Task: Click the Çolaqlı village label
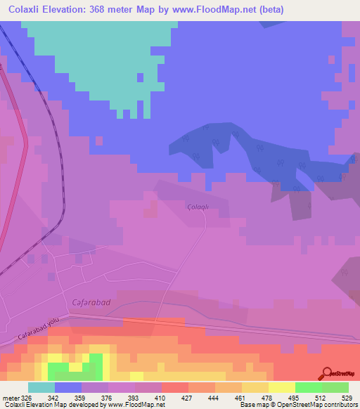coord(199,206)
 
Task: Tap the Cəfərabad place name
coord(91,301)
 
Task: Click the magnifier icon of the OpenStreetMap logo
coord(328,372)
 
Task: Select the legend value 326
coord(27,397)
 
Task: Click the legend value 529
coord(347,397)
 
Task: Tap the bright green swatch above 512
coord(308,387)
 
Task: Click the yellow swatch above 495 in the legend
coord(281,387)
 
